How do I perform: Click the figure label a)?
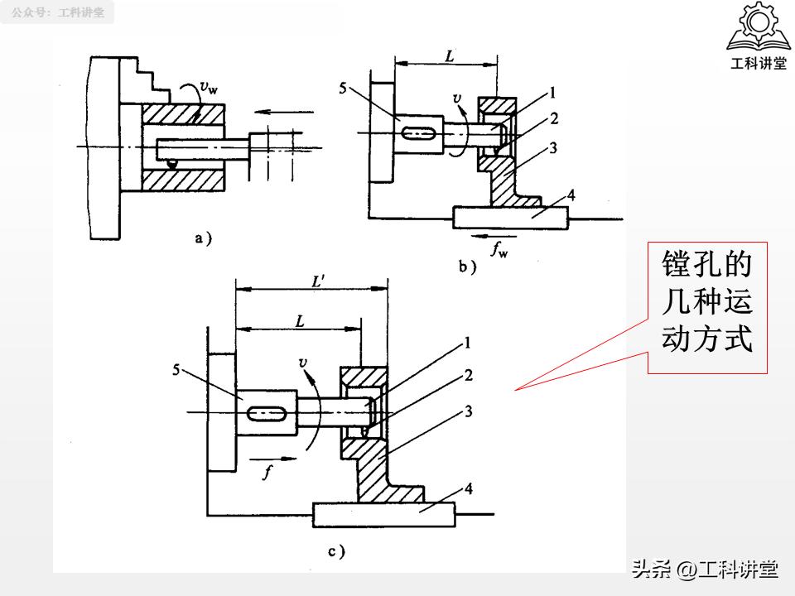[x=203, y=238]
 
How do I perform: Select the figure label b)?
[x=468, y=266]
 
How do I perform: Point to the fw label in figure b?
[x=499, y=248]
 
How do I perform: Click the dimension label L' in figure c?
[x=317, y=281]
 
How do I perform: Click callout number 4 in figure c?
[x=468, y=488]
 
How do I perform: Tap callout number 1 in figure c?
[x=468, y=341]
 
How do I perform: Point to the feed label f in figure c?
[x=267, y=473]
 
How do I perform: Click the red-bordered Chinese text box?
[x=706, y=308]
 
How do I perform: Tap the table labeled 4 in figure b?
[x=511, y=217]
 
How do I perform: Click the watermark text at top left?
[x=58, y=12]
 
